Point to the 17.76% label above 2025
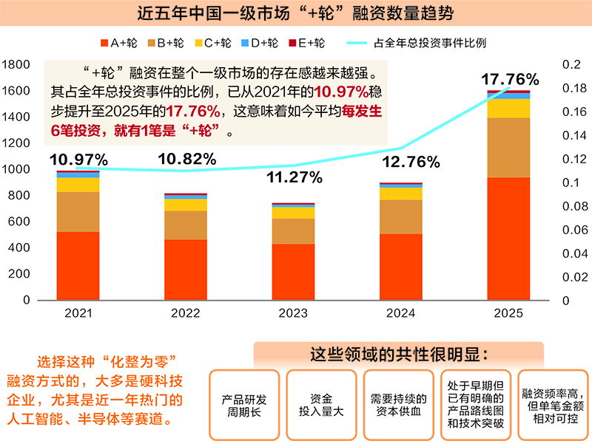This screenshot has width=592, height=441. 510,79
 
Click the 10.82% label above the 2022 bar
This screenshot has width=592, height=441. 186,158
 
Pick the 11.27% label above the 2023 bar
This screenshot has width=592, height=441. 293,177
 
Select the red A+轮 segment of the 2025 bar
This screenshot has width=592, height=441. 508,238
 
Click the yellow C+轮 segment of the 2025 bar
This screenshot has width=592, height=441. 508,108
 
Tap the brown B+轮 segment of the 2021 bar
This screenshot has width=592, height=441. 78,211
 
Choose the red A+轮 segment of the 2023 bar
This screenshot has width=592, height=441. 293,271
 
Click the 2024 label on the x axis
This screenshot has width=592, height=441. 400,313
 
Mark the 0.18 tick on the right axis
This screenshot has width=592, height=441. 572,89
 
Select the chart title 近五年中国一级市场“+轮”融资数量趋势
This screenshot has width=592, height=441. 296,13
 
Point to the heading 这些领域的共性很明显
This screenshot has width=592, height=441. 399,353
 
